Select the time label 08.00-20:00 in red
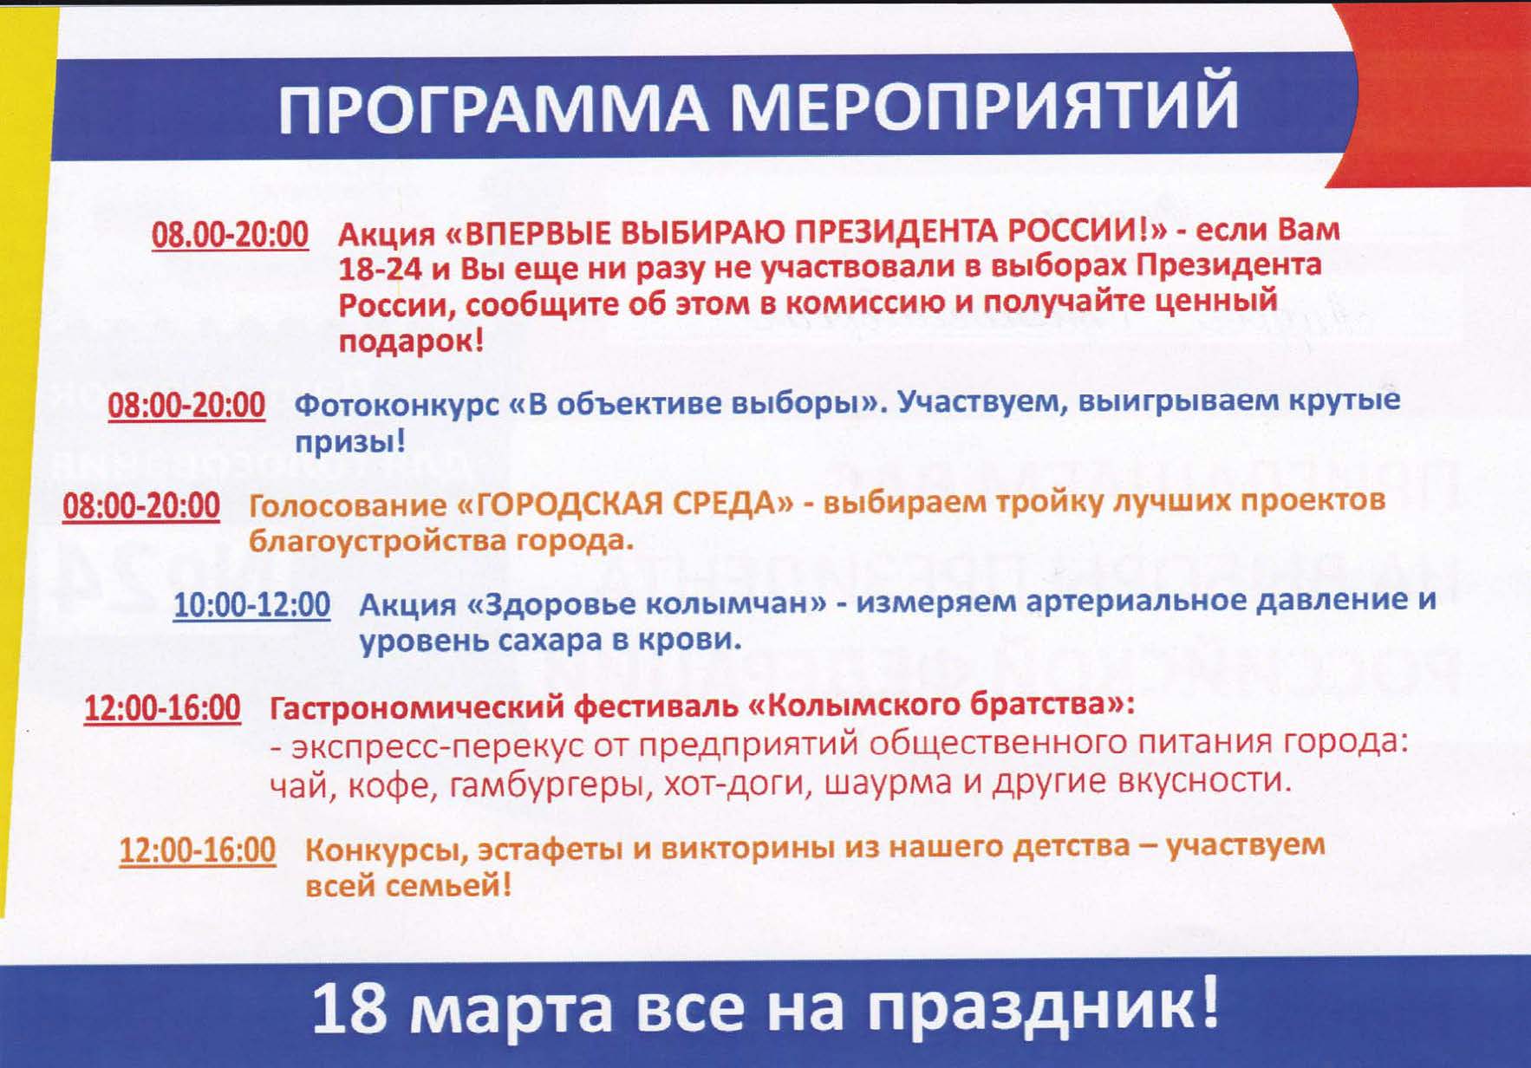point(230,235)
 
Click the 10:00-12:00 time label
point(251,605)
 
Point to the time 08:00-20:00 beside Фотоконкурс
point(186,406)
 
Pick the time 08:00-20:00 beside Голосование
point(141,506)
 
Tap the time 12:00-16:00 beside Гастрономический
point(162,708)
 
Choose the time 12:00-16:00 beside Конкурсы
point(198,850)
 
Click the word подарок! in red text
point(411,342)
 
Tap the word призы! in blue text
point(350,444)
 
